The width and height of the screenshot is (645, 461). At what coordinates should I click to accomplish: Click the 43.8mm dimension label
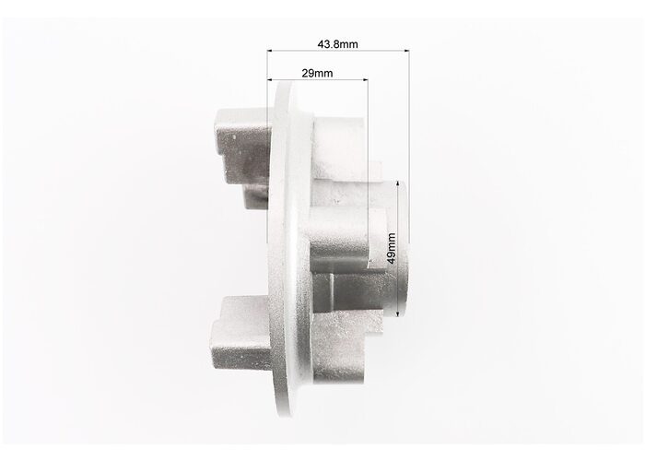337,44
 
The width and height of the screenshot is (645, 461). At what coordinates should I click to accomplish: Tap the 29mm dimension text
317,73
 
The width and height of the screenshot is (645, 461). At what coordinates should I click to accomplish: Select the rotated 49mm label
392,248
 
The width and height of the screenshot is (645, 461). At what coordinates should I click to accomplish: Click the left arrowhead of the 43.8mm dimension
270,51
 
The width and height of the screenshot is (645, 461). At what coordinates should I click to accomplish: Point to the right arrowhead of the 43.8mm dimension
407,51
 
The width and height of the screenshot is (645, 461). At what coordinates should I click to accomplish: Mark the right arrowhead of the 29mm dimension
365,79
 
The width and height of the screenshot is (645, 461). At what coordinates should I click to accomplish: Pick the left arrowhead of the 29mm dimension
270,79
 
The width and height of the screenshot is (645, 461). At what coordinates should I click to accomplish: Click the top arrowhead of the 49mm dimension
398,183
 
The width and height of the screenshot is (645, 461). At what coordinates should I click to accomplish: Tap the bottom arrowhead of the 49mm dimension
398,314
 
